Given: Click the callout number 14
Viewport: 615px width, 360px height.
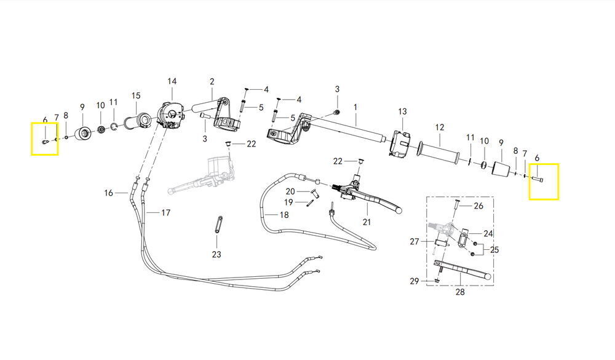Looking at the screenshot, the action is (172, 81).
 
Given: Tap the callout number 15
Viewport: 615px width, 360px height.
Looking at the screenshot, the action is (136, 95).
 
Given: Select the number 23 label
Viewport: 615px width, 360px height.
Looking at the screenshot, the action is (216, 254).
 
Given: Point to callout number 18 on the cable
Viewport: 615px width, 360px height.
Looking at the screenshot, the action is (284, 215).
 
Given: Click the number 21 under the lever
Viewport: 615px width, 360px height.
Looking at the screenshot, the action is (367, 222).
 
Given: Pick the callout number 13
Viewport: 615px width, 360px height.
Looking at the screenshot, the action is (402, 111).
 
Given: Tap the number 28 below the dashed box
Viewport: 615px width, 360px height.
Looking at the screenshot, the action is (459, 292).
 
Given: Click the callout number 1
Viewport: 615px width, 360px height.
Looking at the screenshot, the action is (355, 107).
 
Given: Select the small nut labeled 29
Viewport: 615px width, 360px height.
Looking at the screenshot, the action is (436, 281).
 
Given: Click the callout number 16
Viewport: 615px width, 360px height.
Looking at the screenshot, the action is (109, 193).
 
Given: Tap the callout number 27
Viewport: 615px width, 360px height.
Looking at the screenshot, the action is (415, 241).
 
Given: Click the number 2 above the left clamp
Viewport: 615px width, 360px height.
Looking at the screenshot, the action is (212, 82).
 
